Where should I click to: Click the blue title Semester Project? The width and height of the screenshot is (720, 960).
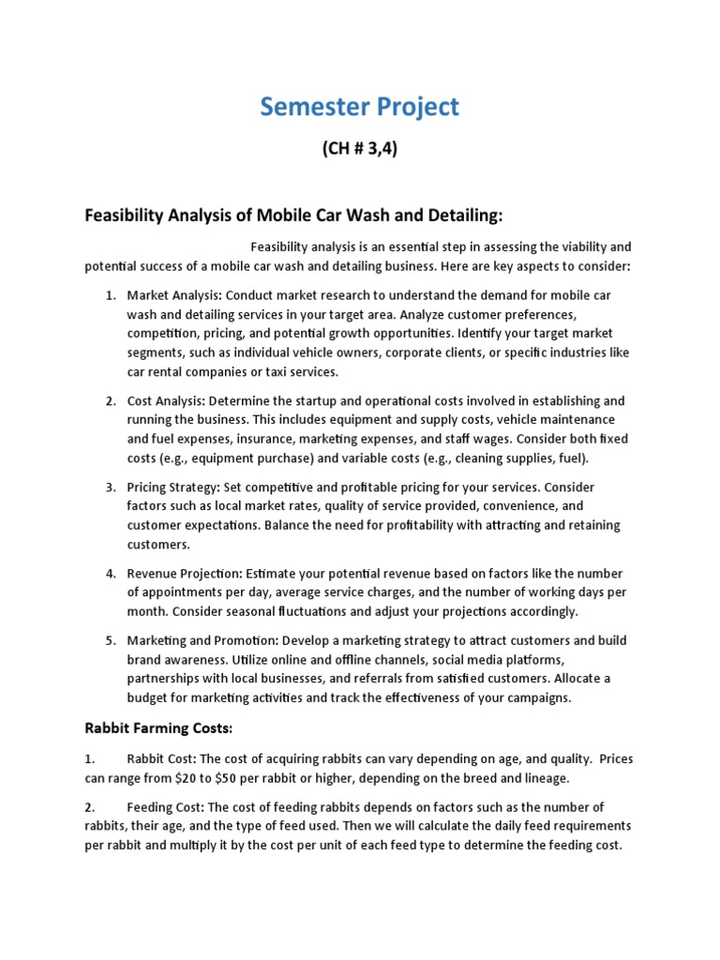pyautogui.click(x=360, y=107)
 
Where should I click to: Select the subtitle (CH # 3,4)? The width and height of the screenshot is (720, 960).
pyautogui.click(x=360, y=149)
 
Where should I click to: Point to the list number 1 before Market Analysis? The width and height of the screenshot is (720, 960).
pyautogui.click(x=111, y=295)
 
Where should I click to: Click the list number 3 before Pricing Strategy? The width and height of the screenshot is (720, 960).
pyautogui.click(x=111, y=487)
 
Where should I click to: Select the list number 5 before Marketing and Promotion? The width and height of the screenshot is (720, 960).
pyautogui.click(x=111, y=640)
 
